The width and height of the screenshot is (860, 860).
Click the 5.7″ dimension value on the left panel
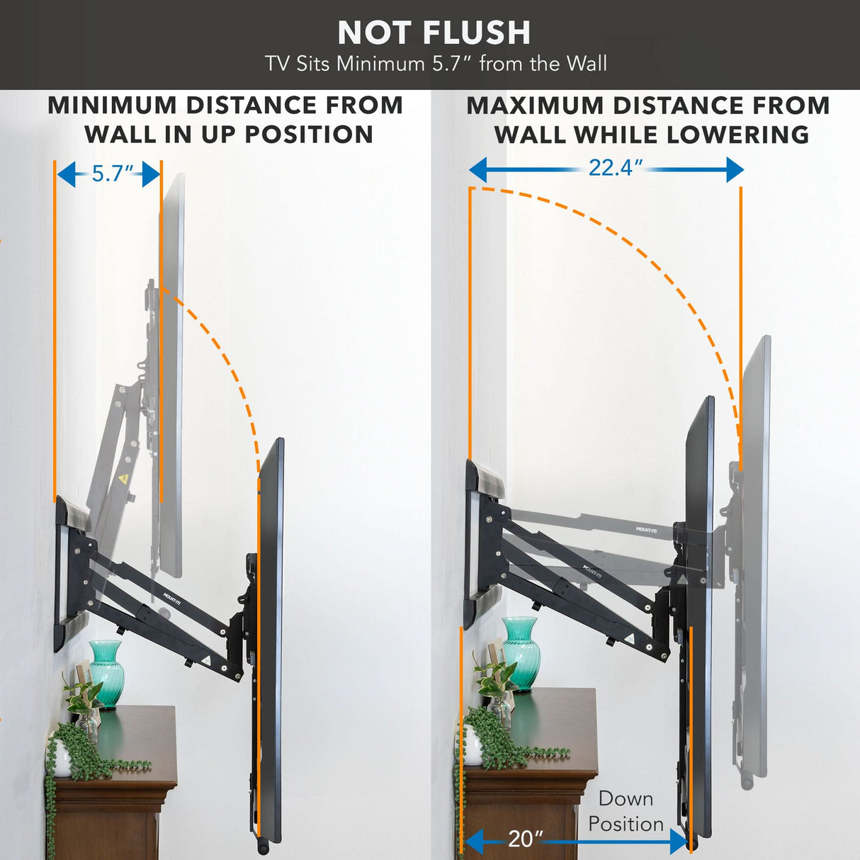pyautogui.click(x=112, y=174)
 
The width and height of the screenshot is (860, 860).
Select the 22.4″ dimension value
pyautogui.click(x=615, y=168)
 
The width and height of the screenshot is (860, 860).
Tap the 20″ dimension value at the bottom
pyautogui.click(x=524, y=839)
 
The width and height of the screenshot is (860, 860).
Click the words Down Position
pyautogui.click(x=626, y=811)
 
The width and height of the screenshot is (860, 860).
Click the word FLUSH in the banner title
pyautogui.click(x=478, y=33)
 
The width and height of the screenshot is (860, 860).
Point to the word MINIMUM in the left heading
pyautogui.click(x=112, y=106)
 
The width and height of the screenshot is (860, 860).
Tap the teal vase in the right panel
pyautogui.click(x=521, y=652)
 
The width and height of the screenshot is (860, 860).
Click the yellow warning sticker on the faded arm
pyautogui.click(x=124, y=480)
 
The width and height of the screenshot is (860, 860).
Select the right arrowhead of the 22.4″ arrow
pyautogui.click(x=735, y=169)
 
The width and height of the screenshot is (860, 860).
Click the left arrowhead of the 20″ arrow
pyautogui.click(x=473, y=842)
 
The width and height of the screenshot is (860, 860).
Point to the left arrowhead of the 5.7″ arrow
pyautogui.click(x=66, y=174)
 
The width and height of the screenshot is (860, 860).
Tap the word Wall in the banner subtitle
pyautogui.click(x=586, y=64)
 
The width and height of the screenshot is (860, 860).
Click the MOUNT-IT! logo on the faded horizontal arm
pyautogui.click(x=646, y=529)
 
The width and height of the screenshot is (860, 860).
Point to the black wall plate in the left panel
pyautogui.click(x=64, y=574)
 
